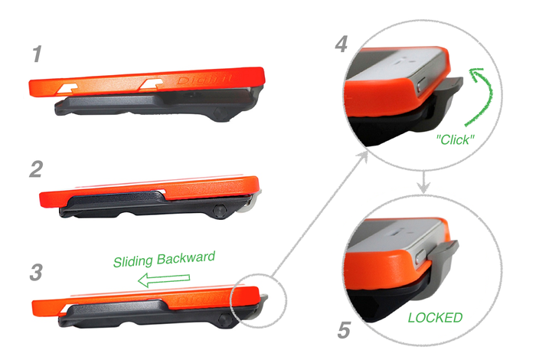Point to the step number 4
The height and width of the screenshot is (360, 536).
342,44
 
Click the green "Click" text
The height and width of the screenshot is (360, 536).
457,142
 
